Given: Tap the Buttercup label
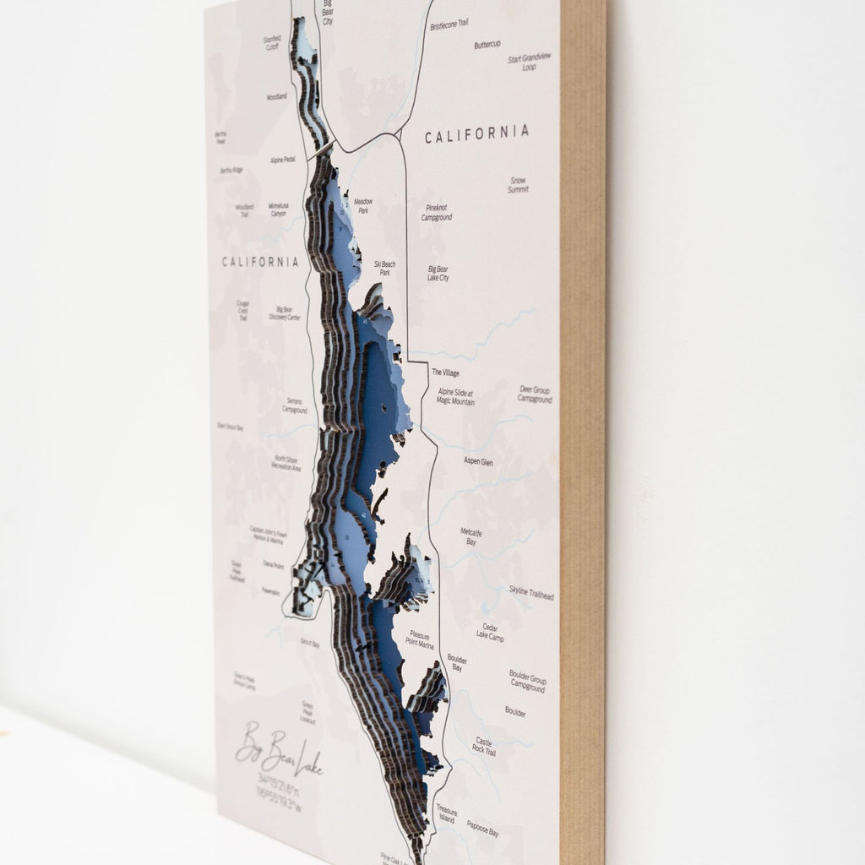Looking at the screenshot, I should point(487,44).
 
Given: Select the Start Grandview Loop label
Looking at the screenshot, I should point(530,62).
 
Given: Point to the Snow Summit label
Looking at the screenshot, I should point(518,185).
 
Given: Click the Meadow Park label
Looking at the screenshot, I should point(362,205).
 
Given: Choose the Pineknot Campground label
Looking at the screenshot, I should point(437,212).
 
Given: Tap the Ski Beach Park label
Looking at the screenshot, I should point(384,269).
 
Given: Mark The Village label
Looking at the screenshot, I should point(445,372).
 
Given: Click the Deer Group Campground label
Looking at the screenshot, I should point(535,394).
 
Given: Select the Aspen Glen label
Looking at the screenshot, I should point(478,461).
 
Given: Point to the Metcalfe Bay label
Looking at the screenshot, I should point(471,536).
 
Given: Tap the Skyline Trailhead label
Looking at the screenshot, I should point(531,592).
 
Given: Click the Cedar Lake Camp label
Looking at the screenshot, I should point(490,633).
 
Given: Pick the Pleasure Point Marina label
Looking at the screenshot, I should point(421,639).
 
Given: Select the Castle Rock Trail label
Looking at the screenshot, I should point(485,746).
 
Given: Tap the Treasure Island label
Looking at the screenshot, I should point(446,813).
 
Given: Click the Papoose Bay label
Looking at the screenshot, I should point(482,832).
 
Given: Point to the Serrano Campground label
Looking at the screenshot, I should point(295,406).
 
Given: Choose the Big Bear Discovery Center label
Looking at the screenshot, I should point(285,314).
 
